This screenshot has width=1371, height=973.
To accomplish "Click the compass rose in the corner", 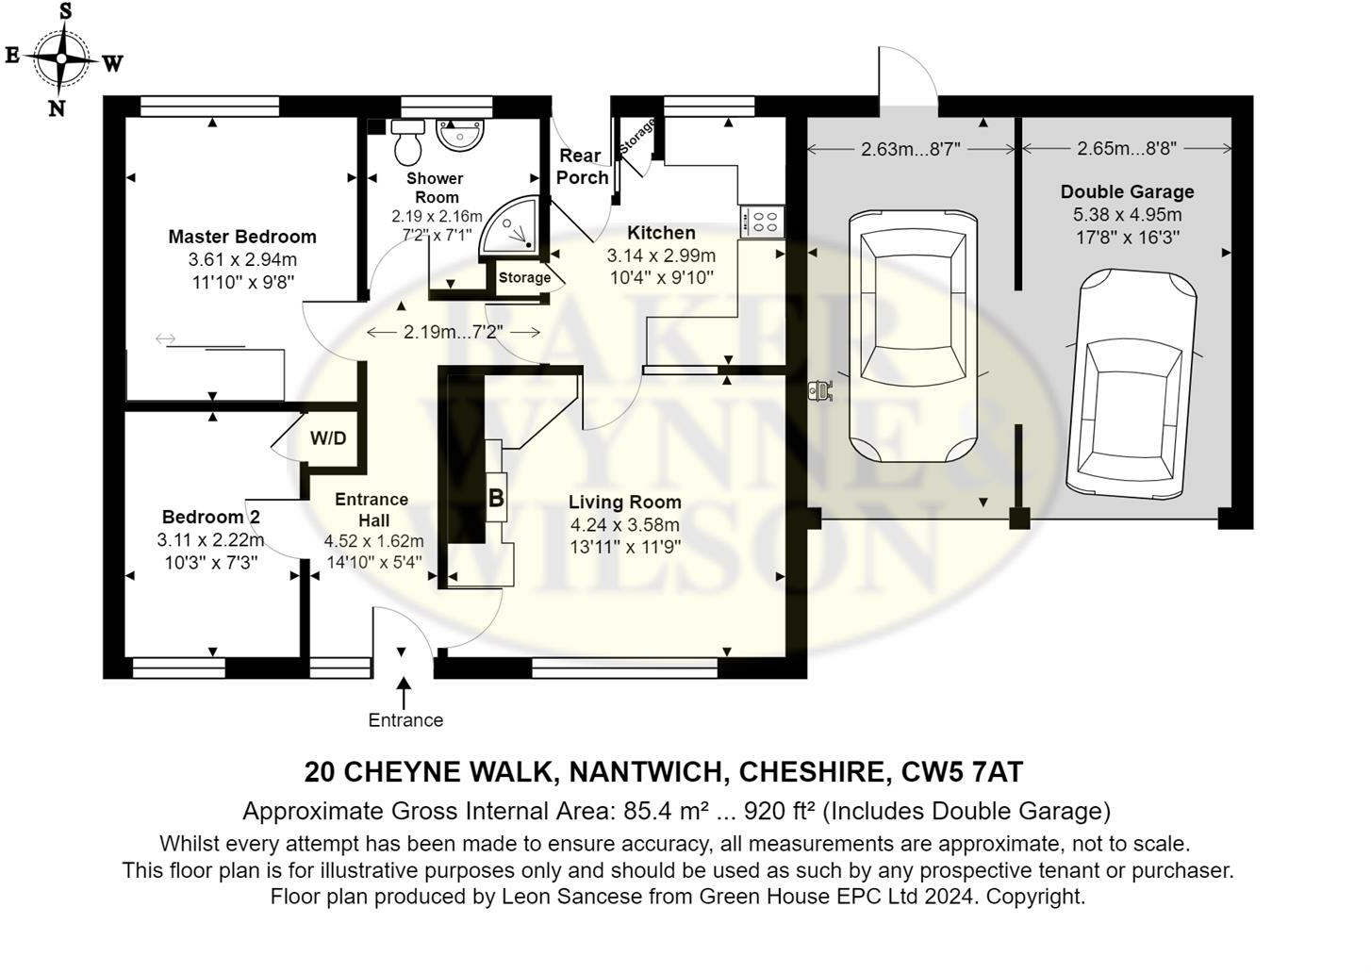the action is tap(61, 58).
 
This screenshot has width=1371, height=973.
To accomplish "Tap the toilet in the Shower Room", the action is tap(407, 142).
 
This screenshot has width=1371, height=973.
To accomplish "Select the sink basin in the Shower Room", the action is tap(459, 134).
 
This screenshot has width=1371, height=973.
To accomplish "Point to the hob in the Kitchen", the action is tap(762, 222).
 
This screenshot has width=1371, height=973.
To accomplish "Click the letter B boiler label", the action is tap(496, 498).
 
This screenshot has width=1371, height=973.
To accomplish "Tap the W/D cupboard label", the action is tap(328, 437).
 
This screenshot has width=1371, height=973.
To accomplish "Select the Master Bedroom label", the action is tap(242, 237).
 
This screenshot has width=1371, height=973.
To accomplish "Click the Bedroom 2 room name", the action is tap(211, 517).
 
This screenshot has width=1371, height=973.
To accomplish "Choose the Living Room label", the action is tap(625, 502).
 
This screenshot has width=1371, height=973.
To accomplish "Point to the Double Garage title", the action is tap(1127, 191).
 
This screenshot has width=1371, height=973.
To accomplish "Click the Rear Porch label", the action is tap(582, 167).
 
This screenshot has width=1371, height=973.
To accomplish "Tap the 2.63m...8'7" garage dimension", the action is tap(911, 149).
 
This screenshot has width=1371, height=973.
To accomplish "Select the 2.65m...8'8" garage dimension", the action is tap(1126, 149).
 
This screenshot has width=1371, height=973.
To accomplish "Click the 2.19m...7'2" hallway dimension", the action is tap(453, 332).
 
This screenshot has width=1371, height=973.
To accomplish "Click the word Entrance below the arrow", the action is tap(405, 720).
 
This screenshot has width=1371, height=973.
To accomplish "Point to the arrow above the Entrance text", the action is tap(404, 693).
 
